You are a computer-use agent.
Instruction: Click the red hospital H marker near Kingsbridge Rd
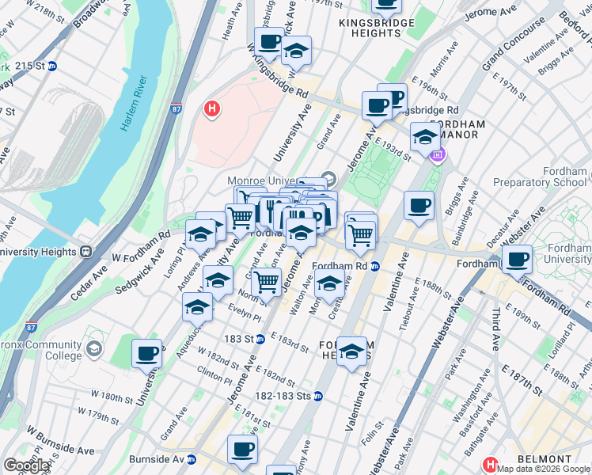(x=211, y=108)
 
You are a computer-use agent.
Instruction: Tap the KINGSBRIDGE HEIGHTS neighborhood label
(x=376, y=29)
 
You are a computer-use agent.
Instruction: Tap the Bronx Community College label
(x=40, y=351)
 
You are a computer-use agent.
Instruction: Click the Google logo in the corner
(x=26, y=465)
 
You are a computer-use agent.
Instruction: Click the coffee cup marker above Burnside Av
(x=242, y=449)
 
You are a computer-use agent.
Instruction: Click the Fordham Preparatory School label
(x=540, y=177)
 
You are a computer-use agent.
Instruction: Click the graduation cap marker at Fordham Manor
(x=425, y=137)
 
